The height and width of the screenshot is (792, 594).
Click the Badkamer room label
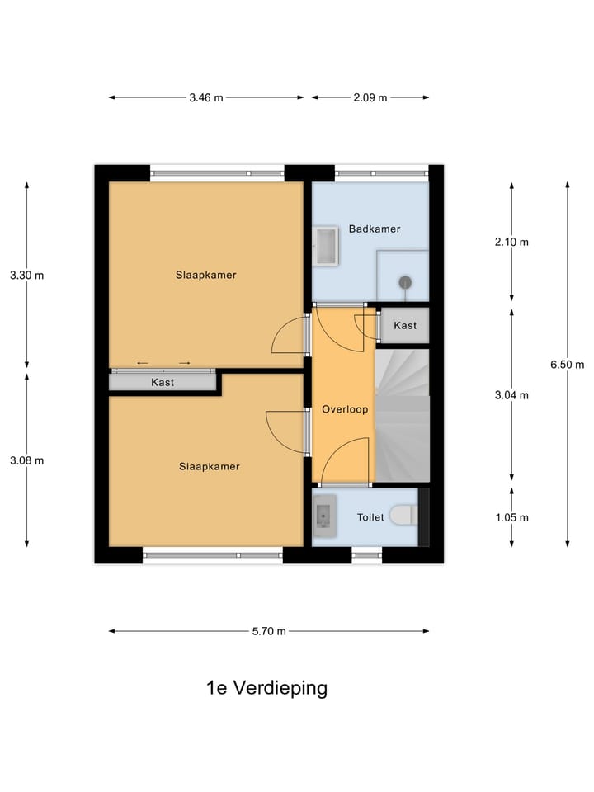[x=374, y=229]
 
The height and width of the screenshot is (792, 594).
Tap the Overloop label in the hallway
[x=345, y=408]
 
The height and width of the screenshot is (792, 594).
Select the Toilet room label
[x=370, y=517]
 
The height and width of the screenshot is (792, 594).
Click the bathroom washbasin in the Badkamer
[x=326, y=247]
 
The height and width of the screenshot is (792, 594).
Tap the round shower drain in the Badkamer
[x=404, y=282]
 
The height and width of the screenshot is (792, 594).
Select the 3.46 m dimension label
[x=205, y=97]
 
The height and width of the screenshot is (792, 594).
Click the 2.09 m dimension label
[x=370, y=97]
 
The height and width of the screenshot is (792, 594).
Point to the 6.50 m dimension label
[x=568, y=364]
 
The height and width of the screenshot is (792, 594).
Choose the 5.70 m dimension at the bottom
[x=269, y=631]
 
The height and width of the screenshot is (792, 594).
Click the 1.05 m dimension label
[x=512, y=517]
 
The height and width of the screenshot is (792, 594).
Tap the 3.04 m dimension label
[x=512, y=394]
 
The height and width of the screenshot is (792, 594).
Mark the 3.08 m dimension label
[x=27, y=460]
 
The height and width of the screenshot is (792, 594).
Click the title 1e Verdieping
[x=266, y=688]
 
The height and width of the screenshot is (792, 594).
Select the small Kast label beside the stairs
[x=405, y=326]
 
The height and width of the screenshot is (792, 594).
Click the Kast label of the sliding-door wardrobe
[x=162, y=382]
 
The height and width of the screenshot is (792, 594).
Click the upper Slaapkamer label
[x=205, y=275]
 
